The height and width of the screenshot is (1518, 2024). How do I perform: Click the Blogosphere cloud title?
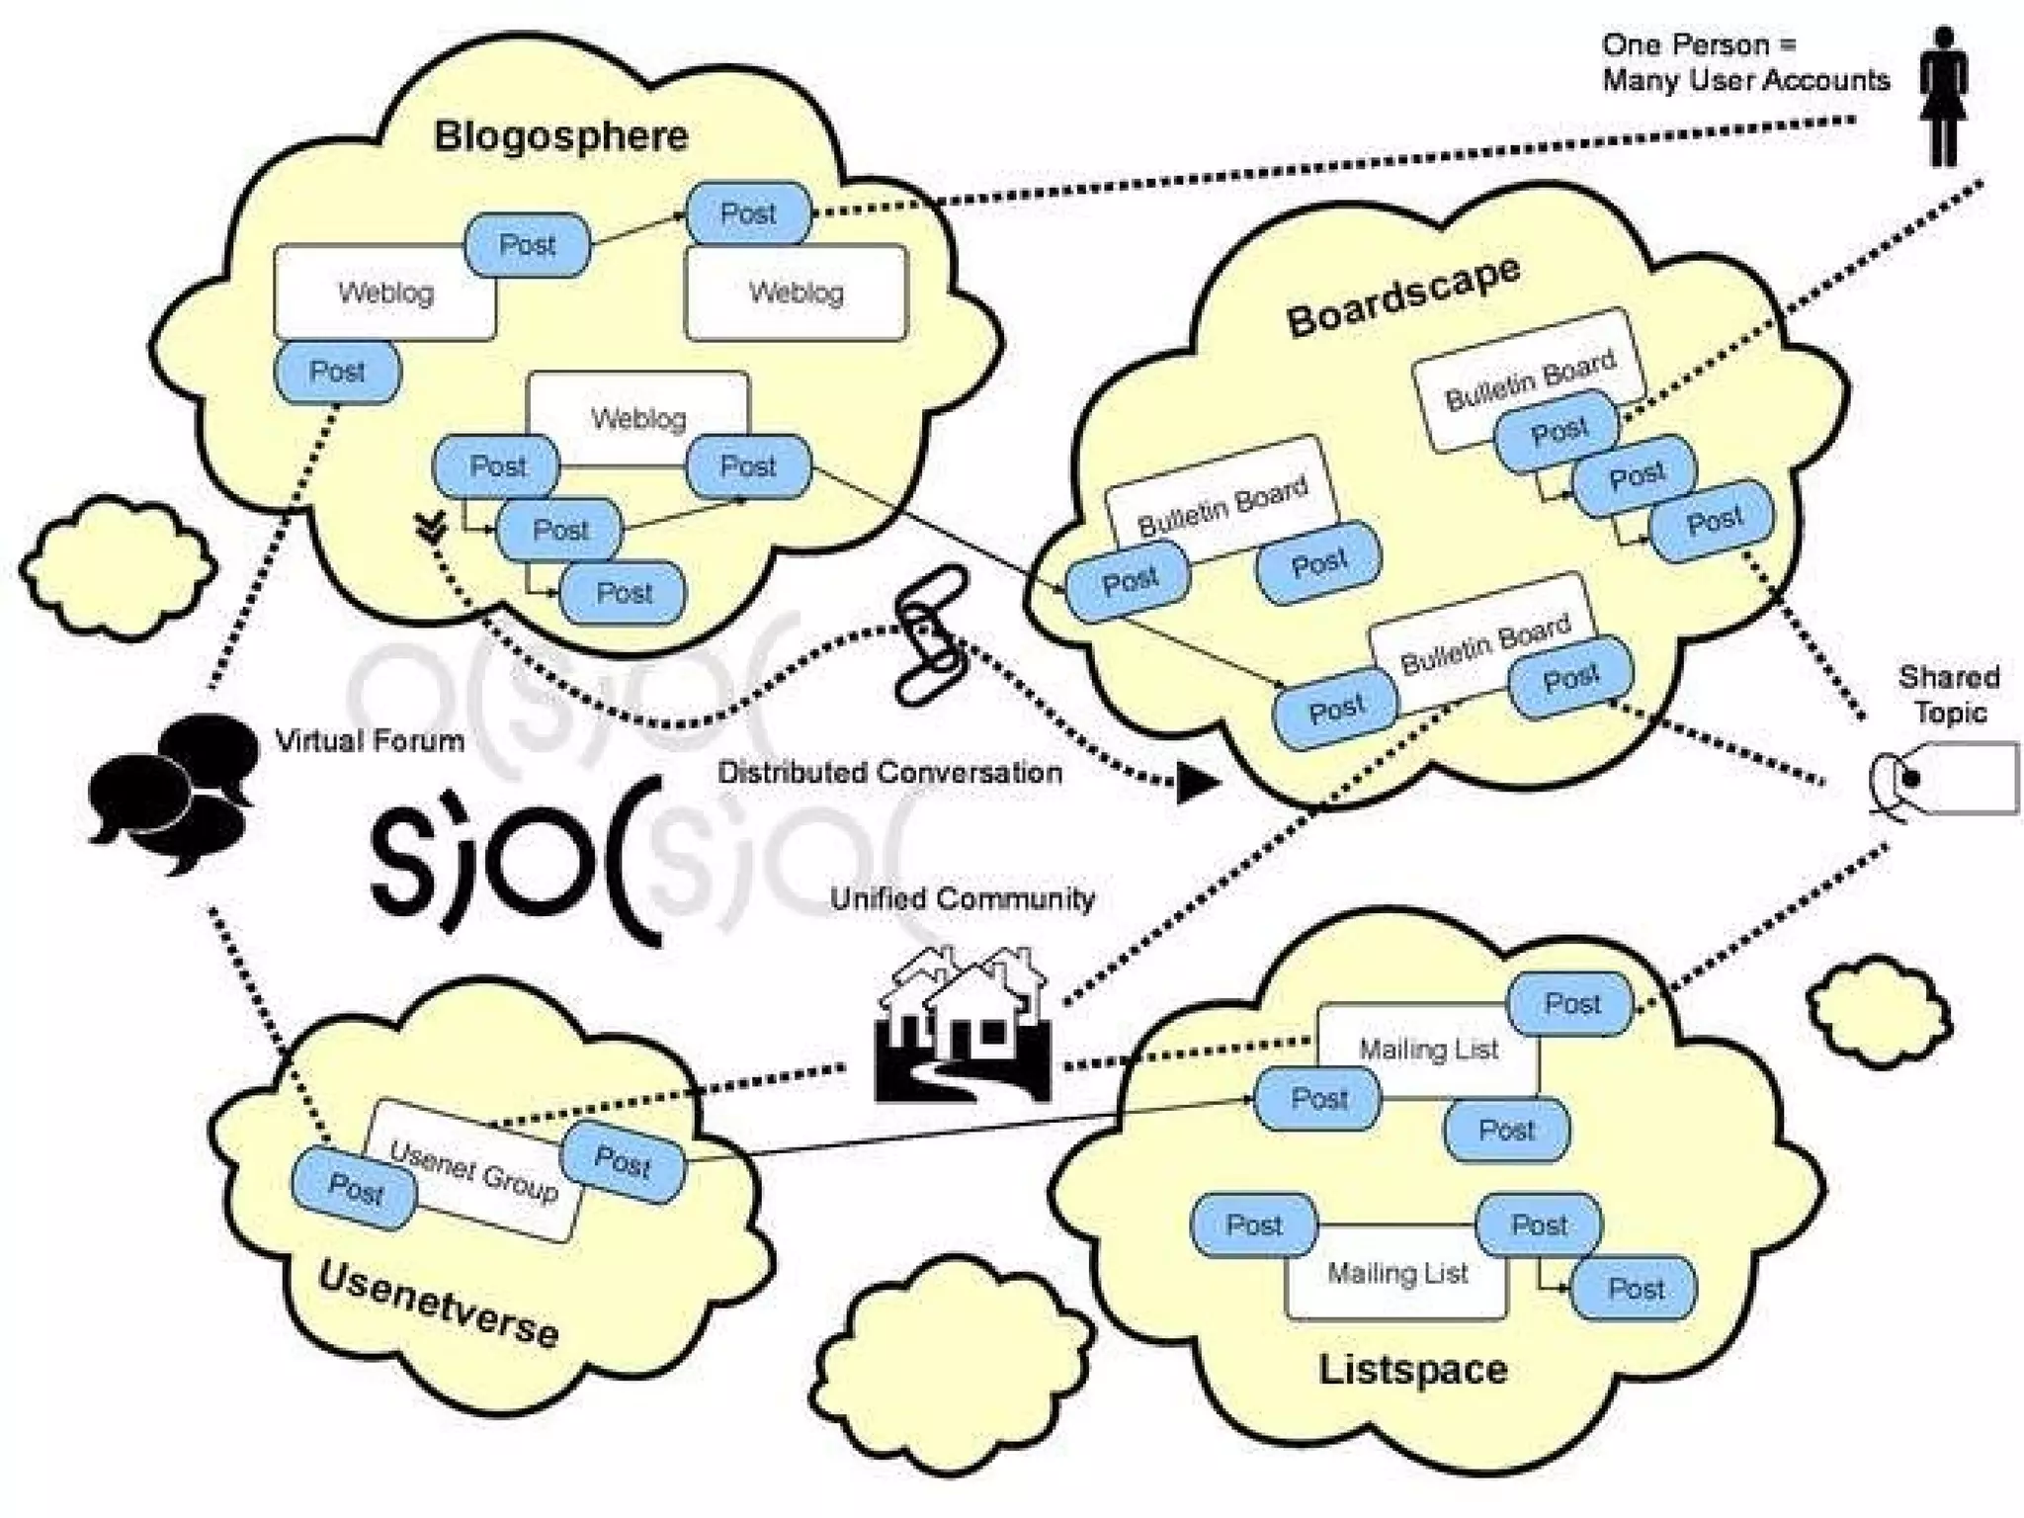coord(560,136)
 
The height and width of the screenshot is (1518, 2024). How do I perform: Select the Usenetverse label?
coord(439,1305)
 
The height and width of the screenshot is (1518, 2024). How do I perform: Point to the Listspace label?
coord(1412,1370)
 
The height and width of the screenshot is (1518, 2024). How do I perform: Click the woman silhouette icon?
coord(1943,96)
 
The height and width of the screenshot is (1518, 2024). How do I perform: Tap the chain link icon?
coord(930,634)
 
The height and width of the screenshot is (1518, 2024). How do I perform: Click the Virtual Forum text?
coord(370,740)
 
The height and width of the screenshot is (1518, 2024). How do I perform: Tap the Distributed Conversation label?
coord(889,772)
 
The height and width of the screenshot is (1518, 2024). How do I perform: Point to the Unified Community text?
coord(962,898)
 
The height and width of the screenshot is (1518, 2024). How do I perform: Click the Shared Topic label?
coord(1948,695)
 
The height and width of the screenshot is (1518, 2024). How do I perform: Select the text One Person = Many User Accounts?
coord(1744,62)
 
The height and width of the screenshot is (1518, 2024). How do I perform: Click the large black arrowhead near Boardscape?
coord(1196,784)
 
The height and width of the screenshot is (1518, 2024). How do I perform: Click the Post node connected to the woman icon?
coord(748,212)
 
